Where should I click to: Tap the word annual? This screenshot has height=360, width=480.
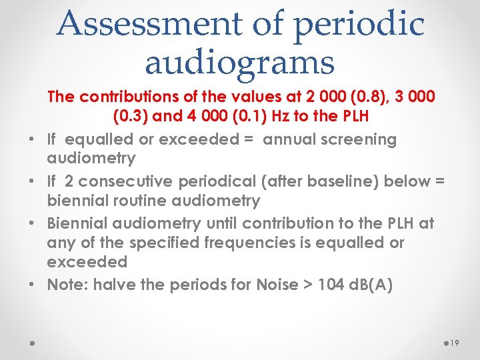pos(290,139)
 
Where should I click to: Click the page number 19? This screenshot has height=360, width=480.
pos(455,342)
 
